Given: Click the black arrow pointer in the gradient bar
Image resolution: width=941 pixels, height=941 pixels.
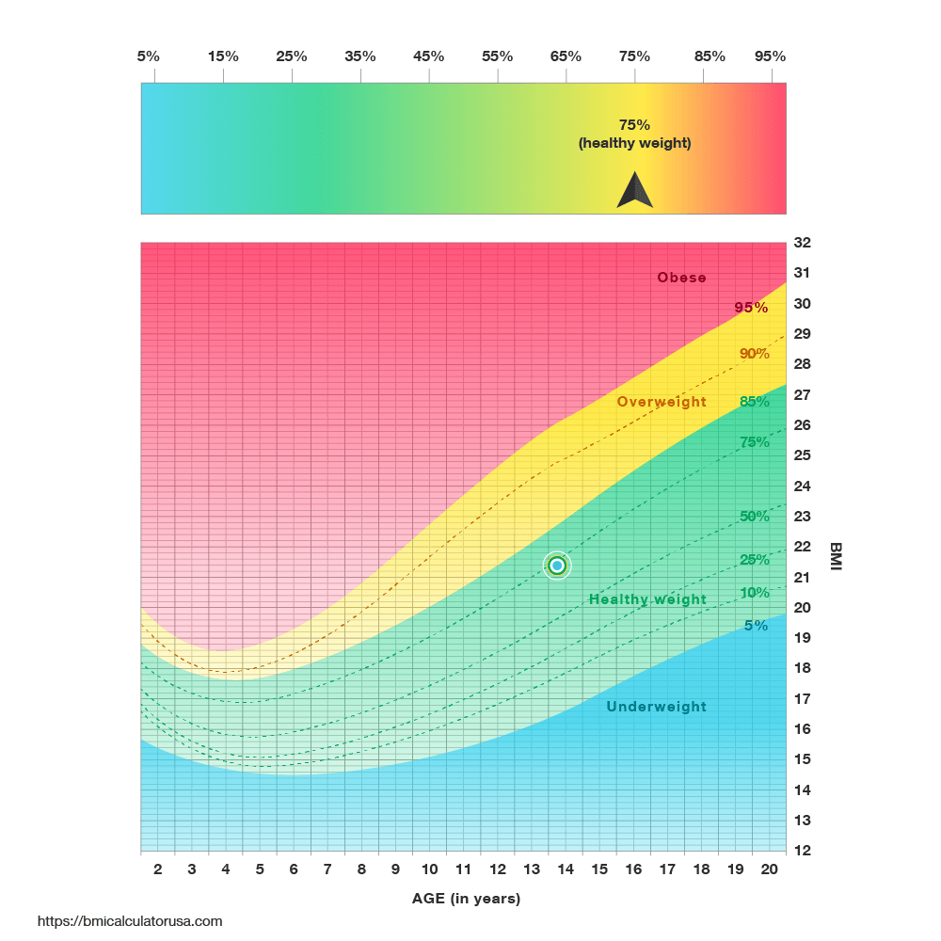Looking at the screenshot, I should [x=634, y=191].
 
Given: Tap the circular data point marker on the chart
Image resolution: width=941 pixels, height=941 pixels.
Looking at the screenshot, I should [x=557, y=566].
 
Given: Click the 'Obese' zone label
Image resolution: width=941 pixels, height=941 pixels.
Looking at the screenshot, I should [x=681, y=278].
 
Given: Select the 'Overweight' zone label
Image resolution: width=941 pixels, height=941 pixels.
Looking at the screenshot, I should [x=662, y=402].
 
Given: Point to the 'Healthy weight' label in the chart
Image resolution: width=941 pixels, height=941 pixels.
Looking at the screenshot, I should [x=647, y=599].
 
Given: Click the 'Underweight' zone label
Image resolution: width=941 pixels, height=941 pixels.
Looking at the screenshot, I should [x=656, y=707].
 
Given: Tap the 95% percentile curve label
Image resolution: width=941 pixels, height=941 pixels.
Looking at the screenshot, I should [x=752, y=308].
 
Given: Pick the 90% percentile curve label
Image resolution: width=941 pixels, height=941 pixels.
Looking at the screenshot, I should [x=755, y=354].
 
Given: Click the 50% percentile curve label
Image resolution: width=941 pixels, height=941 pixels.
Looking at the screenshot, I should [x=755, y=517].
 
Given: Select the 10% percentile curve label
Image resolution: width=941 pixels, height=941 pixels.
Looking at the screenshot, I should [x=755, y=593].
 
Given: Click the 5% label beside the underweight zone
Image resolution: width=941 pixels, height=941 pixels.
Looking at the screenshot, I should [x=756, y=625].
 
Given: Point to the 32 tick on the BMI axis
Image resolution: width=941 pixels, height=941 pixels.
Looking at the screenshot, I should [x=802, y=243].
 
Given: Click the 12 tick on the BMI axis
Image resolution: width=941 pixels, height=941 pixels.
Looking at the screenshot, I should [x=802, y=851].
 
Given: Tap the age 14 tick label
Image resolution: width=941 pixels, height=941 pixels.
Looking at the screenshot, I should [x=566, y=870].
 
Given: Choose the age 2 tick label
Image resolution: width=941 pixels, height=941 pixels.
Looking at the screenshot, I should [x=157, y=870].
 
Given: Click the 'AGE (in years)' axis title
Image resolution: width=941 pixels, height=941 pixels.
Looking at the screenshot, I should [x=466, y=899].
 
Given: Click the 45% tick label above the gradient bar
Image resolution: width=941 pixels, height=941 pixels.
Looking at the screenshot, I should [x=429, y=56].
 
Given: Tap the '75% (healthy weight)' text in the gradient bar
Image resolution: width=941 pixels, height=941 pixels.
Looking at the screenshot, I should [x=634, y=134].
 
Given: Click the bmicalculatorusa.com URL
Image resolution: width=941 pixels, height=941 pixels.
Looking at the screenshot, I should [x=130, y=921].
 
